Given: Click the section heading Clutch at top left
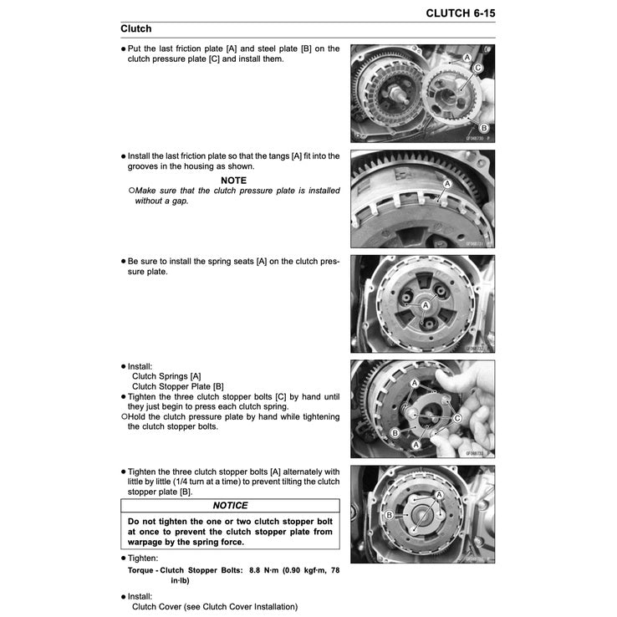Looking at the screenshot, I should coord(136,29).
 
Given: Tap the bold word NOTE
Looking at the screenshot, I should coord(234,180).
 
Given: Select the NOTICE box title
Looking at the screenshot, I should coord(230,506).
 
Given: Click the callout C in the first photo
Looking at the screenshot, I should coord(477,68).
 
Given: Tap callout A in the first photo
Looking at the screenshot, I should coord(467,56).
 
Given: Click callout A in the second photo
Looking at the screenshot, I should coord(446,183).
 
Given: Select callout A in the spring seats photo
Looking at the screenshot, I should coord(426,308).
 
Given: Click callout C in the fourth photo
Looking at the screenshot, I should coord(457,418).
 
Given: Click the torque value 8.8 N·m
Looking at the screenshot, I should coord(267,571).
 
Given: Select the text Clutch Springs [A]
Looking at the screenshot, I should coord(166,376).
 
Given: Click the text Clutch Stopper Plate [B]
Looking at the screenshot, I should coord(178,386).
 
